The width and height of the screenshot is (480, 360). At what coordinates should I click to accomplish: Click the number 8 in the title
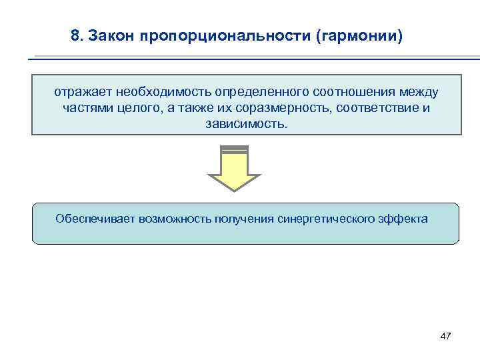tap(75, 35)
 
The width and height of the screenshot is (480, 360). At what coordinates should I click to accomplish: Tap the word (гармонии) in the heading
tap(360, 35)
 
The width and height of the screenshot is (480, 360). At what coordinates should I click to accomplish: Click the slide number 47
tap(446, 336)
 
